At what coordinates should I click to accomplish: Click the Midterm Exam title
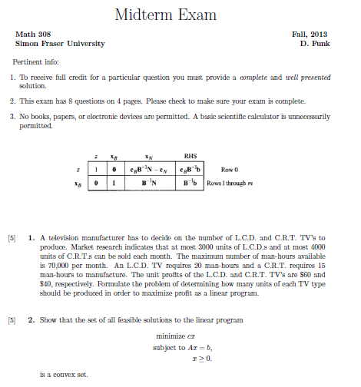coord(165,15)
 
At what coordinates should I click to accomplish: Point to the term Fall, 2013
coord(310,35)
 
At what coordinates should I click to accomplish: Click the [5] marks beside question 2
coord(12,319)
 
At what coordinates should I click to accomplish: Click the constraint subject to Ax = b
coord(183,348)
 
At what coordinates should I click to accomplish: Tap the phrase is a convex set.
coord(64,375)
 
